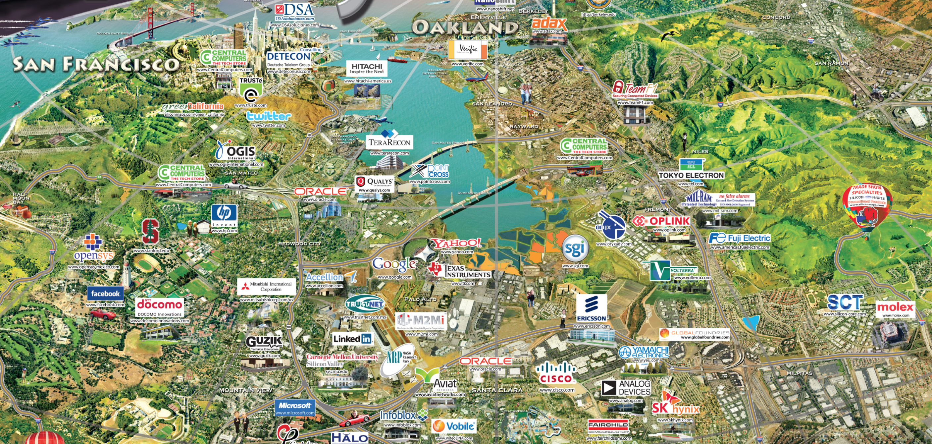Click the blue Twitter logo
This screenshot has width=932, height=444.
269,116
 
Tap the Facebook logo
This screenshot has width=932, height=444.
105,294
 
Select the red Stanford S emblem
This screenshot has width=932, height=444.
150,231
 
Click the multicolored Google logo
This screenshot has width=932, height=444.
394,265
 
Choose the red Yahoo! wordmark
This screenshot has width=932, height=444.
457,243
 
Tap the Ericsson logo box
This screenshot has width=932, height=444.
591,308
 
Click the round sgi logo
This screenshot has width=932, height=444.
575,248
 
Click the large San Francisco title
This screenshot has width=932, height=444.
96,64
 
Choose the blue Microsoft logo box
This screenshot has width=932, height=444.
295,408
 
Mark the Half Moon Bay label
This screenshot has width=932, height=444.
21,198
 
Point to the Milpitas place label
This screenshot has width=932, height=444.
799,373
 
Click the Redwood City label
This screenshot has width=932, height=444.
299,244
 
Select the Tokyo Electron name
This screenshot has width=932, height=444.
691,176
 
